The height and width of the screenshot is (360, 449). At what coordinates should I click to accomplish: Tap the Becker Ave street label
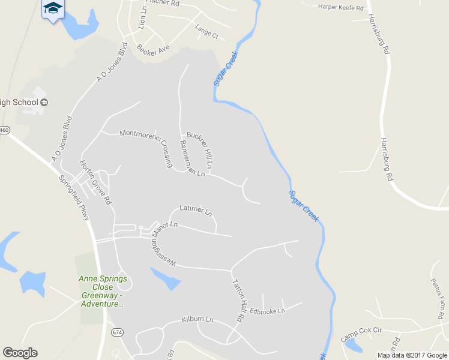tap(153, 50)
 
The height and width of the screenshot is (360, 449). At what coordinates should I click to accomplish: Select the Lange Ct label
tap(206, 31)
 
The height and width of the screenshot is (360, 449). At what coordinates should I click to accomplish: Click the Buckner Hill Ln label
tap(200, 149)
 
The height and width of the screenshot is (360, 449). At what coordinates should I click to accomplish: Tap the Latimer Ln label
tap(196, 211)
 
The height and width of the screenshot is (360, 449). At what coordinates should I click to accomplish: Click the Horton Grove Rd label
tap(96, 182)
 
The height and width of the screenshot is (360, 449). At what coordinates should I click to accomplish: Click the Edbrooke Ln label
tap(267, 311)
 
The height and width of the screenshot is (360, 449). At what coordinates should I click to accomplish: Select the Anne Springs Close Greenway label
tap(103, 291)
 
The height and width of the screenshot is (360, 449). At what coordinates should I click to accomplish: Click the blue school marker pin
tap(53, 9)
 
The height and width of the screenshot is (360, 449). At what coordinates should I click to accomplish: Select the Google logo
tap(20, 353)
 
